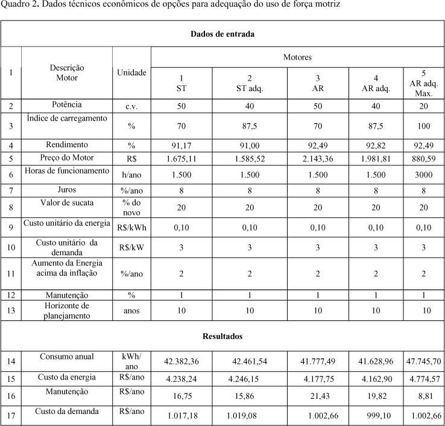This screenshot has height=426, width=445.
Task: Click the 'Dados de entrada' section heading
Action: pyautogui.click(x=222, y=34)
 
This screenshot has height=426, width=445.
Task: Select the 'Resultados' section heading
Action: pyautogui.click(x=222, y=335)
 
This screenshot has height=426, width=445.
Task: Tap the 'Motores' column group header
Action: pyautogui.click(x=297, y=57)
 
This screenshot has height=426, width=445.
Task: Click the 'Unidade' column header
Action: pyautogui.click(x=131, y=72)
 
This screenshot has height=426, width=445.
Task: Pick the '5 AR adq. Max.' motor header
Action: pyautogui.click(x=423, y=83)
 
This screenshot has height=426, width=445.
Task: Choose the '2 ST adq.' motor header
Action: pyautogui.click(x=250, y=83)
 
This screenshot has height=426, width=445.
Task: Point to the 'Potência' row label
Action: pyautogui.click(x=67, y=105)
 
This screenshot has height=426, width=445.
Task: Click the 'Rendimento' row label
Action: pyautogui.click(x=67, y=145)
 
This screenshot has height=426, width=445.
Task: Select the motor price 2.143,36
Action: pyautogui.click(x=318, y=159)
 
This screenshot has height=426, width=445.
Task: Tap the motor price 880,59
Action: pyautogui.click(x=423, y=159)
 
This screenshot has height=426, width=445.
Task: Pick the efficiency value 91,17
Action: pyautogui.click(x=181, y=145)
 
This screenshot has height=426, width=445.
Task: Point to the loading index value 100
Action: pyautogui.click(x=423, y=126)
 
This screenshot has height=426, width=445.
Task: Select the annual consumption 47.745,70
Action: pyautogui.click(x=424, y=361)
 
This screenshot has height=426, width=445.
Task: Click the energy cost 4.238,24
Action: pyautogui.click(x=181, y=379)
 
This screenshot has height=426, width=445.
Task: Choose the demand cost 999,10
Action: pyautogui.click(x=378, y=416)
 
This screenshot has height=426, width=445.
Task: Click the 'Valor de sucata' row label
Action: pyautogui.click(x=67, y=203)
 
